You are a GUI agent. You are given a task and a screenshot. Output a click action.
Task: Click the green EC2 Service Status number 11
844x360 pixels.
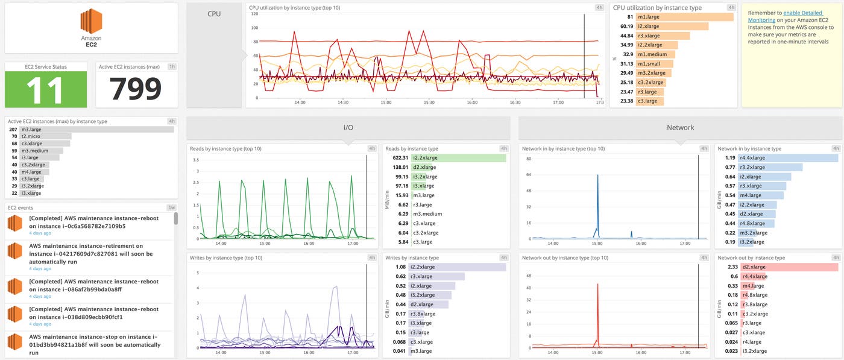[x=46, y=89]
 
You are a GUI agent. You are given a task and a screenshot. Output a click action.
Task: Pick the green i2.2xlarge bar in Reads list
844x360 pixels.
[x=458, y=158]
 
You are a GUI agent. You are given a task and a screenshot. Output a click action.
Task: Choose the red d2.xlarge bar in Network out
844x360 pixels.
[x=790, y=267]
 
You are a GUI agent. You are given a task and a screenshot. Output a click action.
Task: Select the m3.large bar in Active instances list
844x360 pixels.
[x=96, y=130]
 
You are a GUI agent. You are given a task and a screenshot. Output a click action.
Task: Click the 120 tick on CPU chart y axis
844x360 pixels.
[x=254, y=14]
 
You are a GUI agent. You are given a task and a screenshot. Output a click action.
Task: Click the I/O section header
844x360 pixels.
[x=348, y=128]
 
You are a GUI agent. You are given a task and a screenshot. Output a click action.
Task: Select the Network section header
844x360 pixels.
[x=680, y=128]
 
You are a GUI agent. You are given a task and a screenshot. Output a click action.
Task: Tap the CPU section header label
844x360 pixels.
[x=213, y=13]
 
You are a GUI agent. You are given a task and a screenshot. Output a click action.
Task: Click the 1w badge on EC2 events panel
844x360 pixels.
[x=172, y=207]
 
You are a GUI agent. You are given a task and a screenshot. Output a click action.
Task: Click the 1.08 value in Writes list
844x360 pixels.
[x=400, y=267]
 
